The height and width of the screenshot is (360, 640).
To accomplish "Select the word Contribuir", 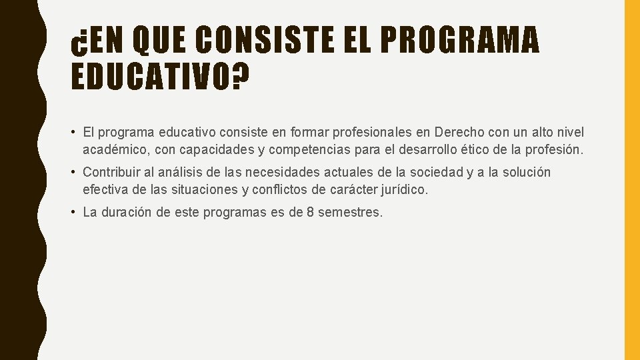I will (x=113, y=173).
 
